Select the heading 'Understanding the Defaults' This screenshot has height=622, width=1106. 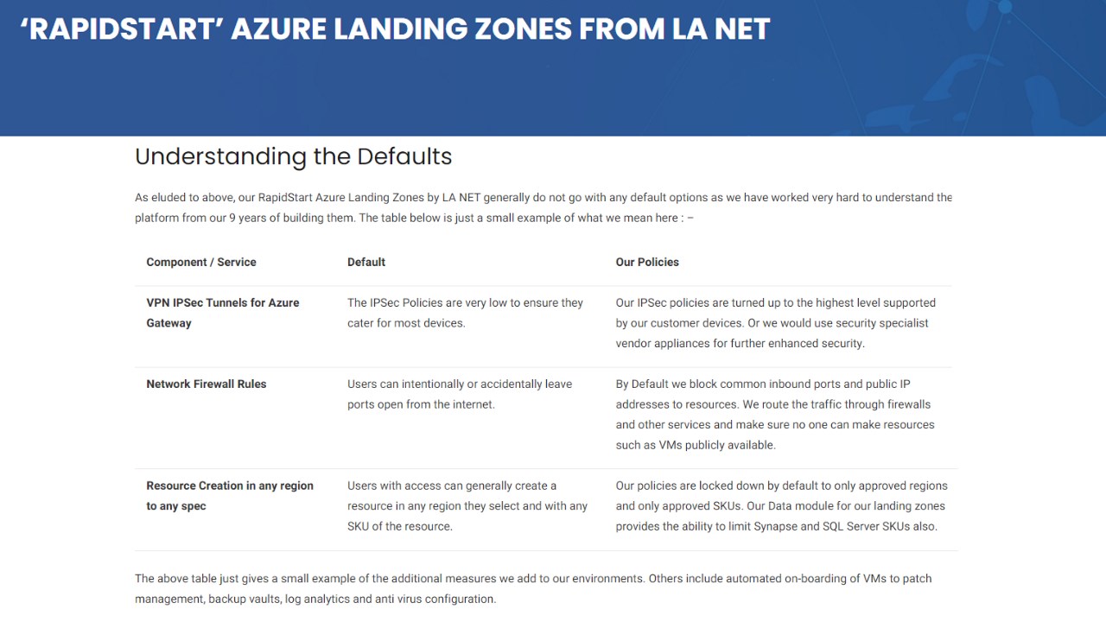293,156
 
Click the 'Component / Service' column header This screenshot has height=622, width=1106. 201,262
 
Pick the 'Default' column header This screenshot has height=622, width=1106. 365,262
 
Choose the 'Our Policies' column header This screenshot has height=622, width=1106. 647,262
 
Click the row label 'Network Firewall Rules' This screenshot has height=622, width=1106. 206,384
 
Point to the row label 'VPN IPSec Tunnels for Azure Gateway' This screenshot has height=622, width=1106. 223,313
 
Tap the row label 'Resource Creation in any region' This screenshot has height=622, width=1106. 230,486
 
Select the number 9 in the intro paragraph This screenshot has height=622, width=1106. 232,219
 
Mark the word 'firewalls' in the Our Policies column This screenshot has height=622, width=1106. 909,404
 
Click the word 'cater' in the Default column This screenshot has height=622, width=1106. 360,323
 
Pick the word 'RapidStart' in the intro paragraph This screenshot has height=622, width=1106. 285,198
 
